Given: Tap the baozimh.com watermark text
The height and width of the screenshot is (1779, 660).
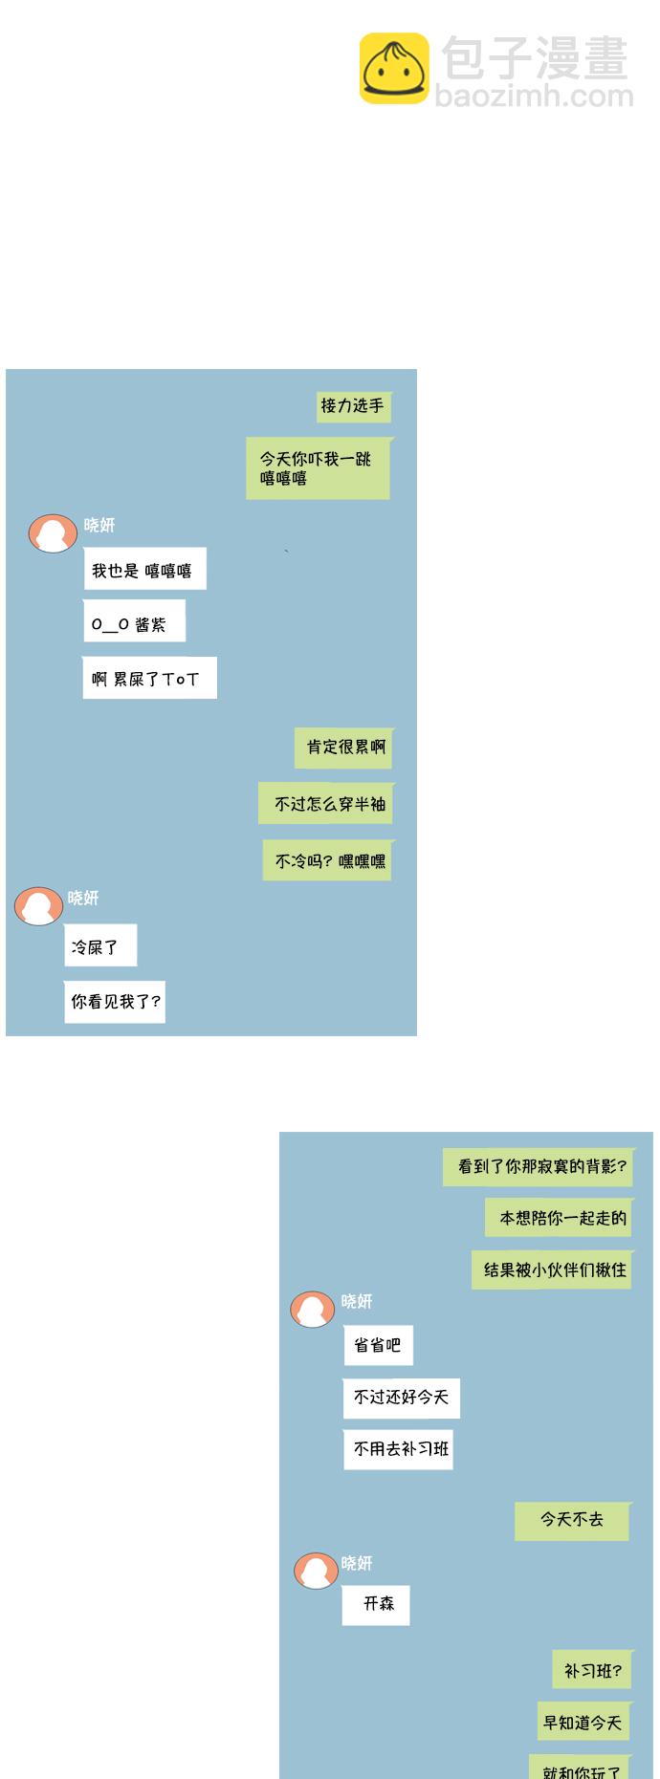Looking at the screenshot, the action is click(534, 96).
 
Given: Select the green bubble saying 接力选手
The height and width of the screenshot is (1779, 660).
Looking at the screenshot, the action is click(353, 406).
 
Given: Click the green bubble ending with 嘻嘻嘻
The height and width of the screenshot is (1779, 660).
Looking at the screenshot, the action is click(319, 468).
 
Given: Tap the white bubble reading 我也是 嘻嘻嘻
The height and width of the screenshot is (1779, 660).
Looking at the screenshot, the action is click(143, 570).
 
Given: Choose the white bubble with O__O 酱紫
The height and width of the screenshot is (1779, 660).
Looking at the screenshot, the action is click(133, 623).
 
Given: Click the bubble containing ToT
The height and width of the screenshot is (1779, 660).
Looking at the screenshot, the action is click(149, 679).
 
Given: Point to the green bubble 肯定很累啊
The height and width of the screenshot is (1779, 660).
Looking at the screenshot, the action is click(344, 748).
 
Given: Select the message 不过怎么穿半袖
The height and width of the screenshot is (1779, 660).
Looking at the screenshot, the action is click(326, 804).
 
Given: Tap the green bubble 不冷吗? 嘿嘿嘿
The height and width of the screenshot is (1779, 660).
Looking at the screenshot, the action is click(328, 861).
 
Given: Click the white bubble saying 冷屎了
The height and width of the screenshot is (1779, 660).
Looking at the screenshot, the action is click(99, 946).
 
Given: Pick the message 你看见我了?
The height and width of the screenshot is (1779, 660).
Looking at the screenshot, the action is click(115, 1002).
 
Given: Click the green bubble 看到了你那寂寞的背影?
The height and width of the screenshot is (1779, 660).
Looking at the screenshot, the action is click(539, 1167).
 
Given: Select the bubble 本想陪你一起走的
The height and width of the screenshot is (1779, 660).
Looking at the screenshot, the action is click(560, 1218).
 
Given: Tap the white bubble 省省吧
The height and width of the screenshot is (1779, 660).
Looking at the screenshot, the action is click(379, 1345).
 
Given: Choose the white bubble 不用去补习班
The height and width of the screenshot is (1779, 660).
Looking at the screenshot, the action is click(398, 1449).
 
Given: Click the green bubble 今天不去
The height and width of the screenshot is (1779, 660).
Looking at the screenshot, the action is click(572, 1520).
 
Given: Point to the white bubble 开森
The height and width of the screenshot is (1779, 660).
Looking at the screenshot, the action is click(376, 1604).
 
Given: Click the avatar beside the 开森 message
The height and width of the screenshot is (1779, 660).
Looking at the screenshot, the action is click(316, 1571).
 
